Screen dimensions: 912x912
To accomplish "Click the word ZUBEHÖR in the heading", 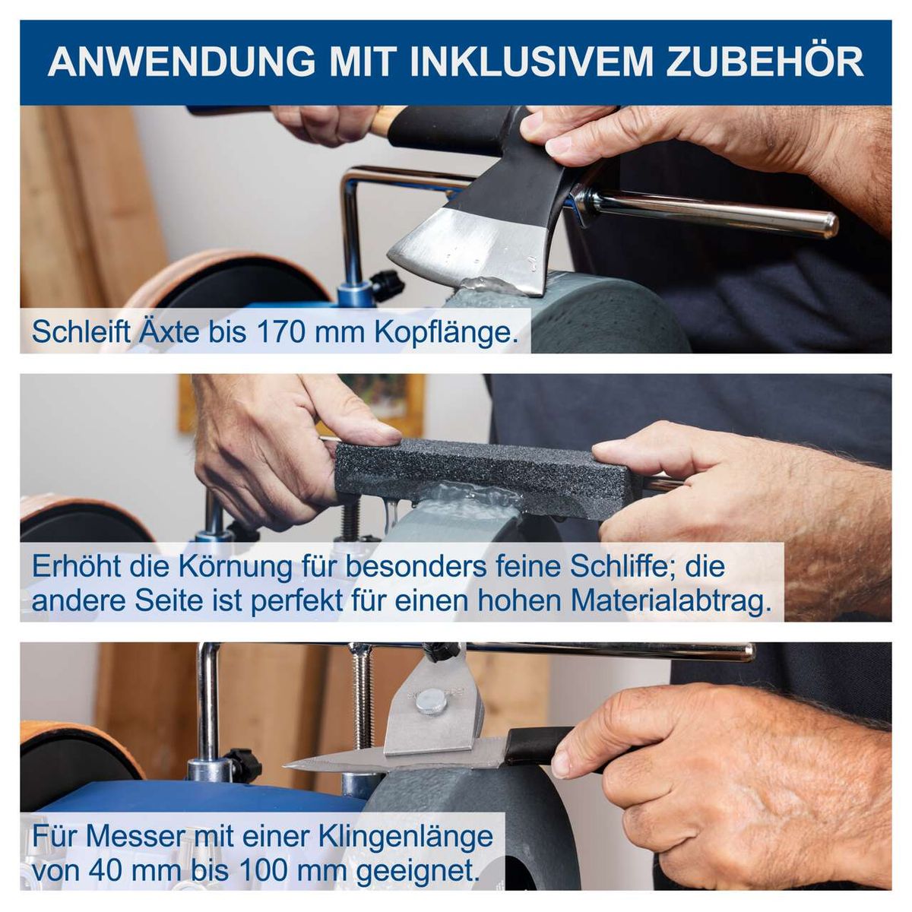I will pyautogui.click(x=765, y=62).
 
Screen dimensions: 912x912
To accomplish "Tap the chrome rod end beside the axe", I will pyautogui.click(x=825, y=223).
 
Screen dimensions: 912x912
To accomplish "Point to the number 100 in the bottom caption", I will pyautogui.click(x=259, y=870).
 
